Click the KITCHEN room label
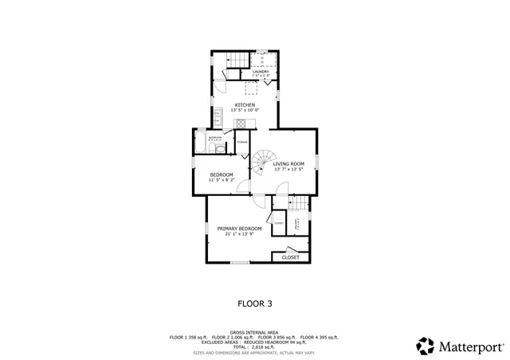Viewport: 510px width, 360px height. pyautogui.click(x=245, y=105)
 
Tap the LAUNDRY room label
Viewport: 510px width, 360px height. pyautogui.click(x=261, y=72)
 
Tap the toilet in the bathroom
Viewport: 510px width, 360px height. pyautogui.click(x=220, y=148)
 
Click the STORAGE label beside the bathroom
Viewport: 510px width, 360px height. pyautogui.click(x=241, y=143)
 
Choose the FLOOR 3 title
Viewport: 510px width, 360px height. pyautogui.click(x=255, y=303)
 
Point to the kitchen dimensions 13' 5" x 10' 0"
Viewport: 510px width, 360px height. pyautogui.click(x=245, y=110)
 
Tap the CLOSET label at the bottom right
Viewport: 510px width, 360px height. pyautogui.click(x=291, y=257)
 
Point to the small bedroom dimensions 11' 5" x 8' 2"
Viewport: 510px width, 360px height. pyautogui.click(x=222, y=180)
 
